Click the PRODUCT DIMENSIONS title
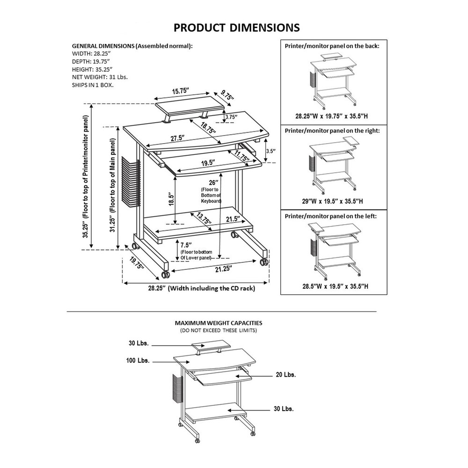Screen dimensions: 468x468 [x=236, y=28]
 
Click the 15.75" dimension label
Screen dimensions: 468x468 [x=180, y=92]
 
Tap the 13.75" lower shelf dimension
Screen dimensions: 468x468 [x=203, y=219]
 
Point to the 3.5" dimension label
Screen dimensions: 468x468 [x=270, y=151]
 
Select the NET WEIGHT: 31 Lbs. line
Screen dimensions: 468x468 [x=100, y=77]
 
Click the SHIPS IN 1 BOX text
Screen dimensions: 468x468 [x=93, y=85]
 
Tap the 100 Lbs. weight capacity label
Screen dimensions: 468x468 [x=138, y=361]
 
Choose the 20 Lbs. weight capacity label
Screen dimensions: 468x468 [x=285, y=375]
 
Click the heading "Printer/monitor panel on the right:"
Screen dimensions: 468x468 [x=332, y=131]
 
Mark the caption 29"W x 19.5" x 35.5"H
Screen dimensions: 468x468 [x=332, y=201]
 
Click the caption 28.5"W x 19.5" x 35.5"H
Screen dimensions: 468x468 [x=332, y=286]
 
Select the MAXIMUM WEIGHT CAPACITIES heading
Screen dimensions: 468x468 [x=218, y=323]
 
